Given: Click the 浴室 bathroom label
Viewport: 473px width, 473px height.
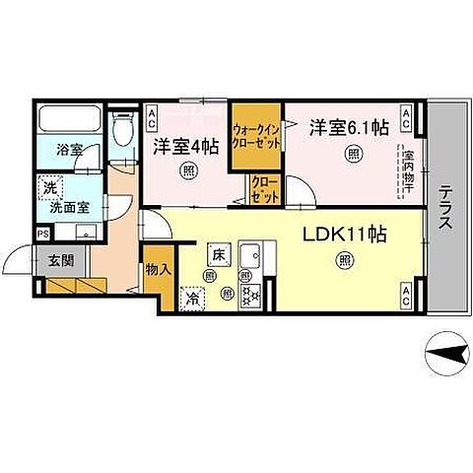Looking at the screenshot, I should [68, 151].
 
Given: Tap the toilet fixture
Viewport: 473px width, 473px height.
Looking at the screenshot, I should [122, 131].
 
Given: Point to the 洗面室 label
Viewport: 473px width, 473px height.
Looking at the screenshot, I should [62, 207].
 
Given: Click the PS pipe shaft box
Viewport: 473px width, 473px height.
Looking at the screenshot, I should [42, 234].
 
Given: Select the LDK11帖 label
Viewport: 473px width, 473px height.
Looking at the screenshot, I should [343, 236].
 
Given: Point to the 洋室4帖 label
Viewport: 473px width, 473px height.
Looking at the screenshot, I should [187, 146].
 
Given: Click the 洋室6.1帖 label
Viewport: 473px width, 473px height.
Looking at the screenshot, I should [350, 126].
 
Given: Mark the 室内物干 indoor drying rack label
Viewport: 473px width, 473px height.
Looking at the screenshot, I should [405, 169].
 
